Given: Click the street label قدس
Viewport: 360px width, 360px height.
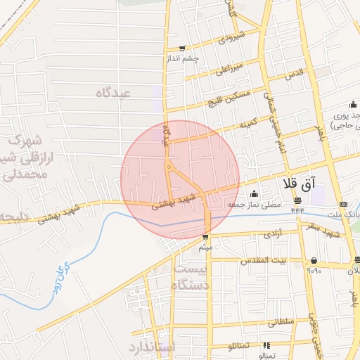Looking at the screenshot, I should point(295,73).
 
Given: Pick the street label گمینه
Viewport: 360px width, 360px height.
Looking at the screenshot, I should point(247,124).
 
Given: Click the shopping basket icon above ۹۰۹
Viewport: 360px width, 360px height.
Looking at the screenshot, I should point(313,260).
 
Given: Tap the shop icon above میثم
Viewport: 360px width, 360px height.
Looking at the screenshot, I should point(206,237).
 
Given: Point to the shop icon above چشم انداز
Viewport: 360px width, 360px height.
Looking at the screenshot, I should point(183,49).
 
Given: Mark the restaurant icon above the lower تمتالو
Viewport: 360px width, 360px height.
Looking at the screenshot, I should point(266,345).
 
